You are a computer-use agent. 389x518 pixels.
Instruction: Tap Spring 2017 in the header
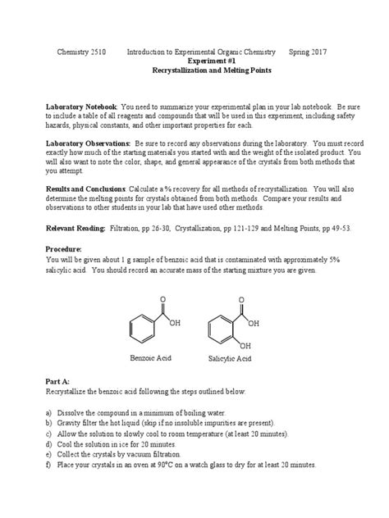(x=308, y=52)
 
